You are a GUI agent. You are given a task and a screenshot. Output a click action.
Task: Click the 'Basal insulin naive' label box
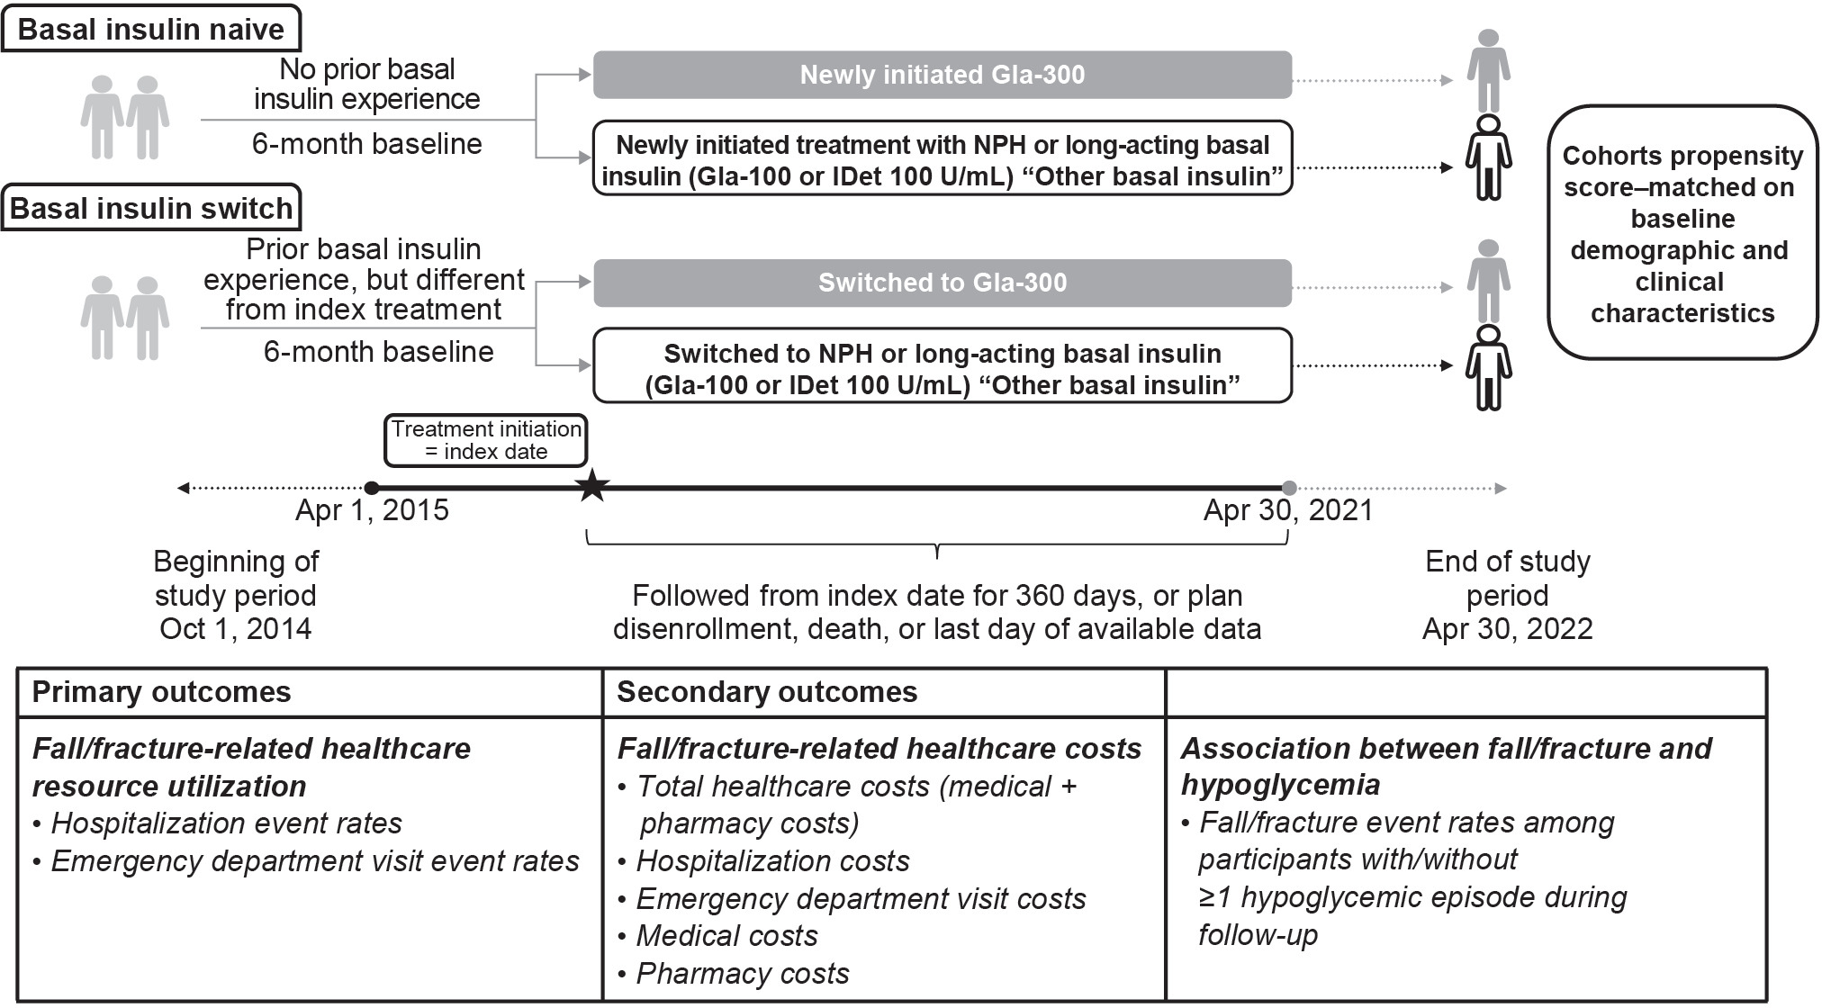click(151, 30)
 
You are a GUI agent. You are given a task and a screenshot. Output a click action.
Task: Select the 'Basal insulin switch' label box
click(151, 209)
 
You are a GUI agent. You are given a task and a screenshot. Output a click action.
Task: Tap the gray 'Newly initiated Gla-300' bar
click(942, 75)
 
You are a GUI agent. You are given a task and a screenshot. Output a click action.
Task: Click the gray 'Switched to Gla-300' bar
click(942, 283)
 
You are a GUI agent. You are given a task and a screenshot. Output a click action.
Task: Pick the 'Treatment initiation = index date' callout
click(486, 440)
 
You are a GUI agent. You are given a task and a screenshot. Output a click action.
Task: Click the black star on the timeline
click(591, 488)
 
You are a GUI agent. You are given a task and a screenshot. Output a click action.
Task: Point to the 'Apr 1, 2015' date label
click(372, 511)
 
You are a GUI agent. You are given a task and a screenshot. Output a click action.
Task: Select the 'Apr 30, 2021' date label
click(1288, 511)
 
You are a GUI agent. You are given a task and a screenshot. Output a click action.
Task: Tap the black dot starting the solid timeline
click(371, 488)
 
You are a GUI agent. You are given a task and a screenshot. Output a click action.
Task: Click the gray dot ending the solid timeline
click(1289, 488)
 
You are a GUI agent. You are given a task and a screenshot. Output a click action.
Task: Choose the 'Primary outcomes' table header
click(162, 692)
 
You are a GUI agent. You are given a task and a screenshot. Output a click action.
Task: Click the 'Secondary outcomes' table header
click(767, 692)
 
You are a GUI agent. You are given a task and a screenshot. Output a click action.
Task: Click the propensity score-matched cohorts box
click(1682, 234)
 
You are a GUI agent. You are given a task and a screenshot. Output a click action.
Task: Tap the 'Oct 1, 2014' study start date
click(236, 628)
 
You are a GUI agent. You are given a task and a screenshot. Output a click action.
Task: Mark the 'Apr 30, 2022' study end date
click(1507, 628)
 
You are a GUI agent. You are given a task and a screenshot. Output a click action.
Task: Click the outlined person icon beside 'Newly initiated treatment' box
click(1488, 157)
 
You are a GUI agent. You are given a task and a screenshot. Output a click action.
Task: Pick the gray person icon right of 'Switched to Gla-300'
click(1488, 281)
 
